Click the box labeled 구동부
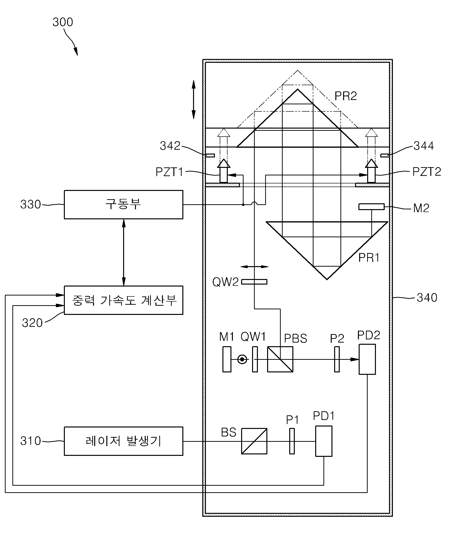click(123, 205)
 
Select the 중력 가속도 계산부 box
click(123, 300)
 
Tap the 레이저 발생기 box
click(123, 441)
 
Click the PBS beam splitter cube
click(280, 359)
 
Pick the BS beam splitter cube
click(254, 441)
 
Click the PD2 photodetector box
click(367, 359)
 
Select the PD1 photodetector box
click(323, 441)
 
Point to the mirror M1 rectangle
click(227, 359)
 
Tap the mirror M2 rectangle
click(371, 207)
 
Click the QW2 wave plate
click(254, 282)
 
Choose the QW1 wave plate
click(255, 359)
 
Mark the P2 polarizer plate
click(337, 359)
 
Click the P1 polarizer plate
click(292, 441)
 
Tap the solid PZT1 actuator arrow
click(223, 171)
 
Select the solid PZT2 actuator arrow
click(371, 171)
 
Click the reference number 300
click(63, 22)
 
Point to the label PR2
click(345, 96)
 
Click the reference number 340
click(427, 297)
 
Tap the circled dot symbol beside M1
click(242, 360)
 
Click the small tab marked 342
click(210, 155)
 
